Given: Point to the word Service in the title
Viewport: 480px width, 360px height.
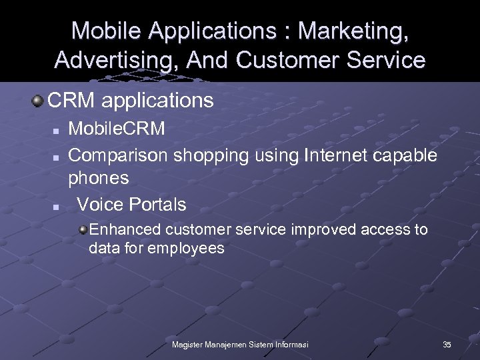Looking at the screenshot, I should (389, 60).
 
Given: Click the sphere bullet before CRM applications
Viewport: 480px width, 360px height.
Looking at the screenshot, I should (38, 101).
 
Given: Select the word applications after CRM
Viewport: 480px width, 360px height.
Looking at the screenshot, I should (158, 101).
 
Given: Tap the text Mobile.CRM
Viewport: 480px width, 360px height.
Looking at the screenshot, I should (117, 129).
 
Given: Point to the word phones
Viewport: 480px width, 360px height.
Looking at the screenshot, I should (99, 179).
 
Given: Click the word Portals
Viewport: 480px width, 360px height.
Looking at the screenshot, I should (157, 203).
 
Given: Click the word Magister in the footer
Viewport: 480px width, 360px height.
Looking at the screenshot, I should (189, 344).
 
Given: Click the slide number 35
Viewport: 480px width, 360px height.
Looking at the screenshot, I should (447, 344).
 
